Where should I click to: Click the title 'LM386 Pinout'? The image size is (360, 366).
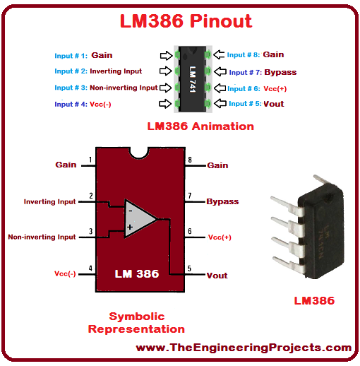coord(186,21)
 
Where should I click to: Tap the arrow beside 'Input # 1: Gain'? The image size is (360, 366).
coord(166,56)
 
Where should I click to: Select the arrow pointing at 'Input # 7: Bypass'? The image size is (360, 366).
coord(220,71)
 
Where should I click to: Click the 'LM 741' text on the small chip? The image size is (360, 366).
coord(193,79)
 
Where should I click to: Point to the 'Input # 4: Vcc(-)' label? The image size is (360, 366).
coord(83,104)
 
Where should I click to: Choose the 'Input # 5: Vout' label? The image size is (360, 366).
coord(256,104)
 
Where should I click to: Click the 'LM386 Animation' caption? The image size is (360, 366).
coord(200,126)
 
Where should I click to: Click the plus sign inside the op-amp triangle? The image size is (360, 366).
coord(130,227)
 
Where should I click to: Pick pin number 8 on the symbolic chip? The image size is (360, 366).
coord(190,160)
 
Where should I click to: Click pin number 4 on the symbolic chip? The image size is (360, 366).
coord(90,268)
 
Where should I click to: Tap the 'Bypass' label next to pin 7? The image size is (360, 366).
coord(222,201)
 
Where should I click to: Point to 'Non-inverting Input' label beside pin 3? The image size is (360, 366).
coord(42,237)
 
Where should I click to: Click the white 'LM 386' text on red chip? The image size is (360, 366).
coord(137,274)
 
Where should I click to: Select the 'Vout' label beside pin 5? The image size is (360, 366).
coord(217,276)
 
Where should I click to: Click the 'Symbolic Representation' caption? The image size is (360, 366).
coord(136,323)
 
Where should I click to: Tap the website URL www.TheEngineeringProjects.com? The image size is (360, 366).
coord(244,348)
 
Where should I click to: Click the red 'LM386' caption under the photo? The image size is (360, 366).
coord(314,301)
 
